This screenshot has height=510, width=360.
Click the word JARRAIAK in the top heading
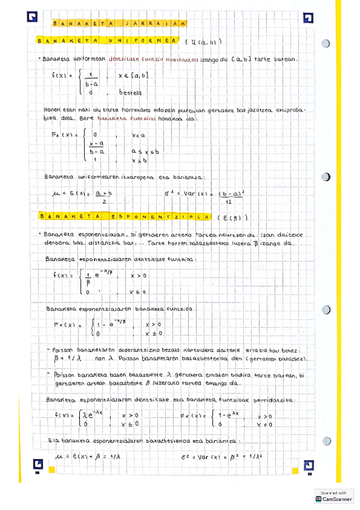156,24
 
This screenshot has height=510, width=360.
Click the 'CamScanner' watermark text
337,499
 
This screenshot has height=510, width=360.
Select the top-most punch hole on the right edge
326,44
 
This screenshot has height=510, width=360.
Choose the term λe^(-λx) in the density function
90,415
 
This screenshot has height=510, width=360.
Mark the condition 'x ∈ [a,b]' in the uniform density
133,75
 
